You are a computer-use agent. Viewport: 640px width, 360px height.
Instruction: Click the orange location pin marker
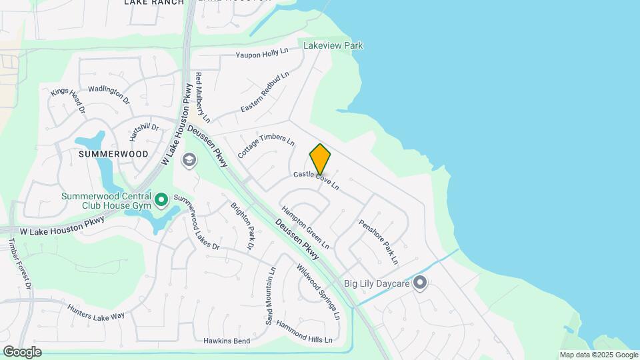[x=320, y=159]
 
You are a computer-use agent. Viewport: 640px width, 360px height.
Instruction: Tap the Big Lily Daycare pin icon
[x=420, y=283]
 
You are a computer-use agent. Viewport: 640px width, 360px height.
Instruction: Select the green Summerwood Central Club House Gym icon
[x=161, y=200]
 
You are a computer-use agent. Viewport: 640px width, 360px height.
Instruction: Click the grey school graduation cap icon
[x=189, y=159]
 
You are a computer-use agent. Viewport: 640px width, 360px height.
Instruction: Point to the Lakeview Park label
[x=333, y=45]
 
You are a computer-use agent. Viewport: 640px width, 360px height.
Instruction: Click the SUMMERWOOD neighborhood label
[x=113, y=153]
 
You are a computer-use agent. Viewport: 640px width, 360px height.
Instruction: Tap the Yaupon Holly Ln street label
[x=262, y=53]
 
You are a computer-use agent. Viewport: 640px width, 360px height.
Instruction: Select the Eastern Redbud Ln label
[x=265, y=91]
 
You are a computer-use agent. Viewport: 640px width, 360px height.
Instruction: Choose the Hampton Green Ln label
[x=305, y=227]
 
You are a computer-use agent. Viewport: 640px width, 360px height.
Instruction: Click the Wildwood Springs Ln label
[x=319, y=291]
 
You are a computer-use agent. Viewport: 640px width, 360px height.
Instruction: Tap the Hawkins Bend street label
[x=227, y=341]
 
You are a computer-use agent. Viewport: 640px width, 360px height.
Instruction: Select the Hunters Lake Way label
[x=96, y=311]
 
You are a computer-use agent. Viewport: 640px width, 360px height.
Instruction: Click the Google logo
[x=22, y=351]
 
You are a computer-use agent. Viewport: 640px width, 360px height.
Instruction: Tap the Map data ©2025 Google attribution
[x=599, y=355]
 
